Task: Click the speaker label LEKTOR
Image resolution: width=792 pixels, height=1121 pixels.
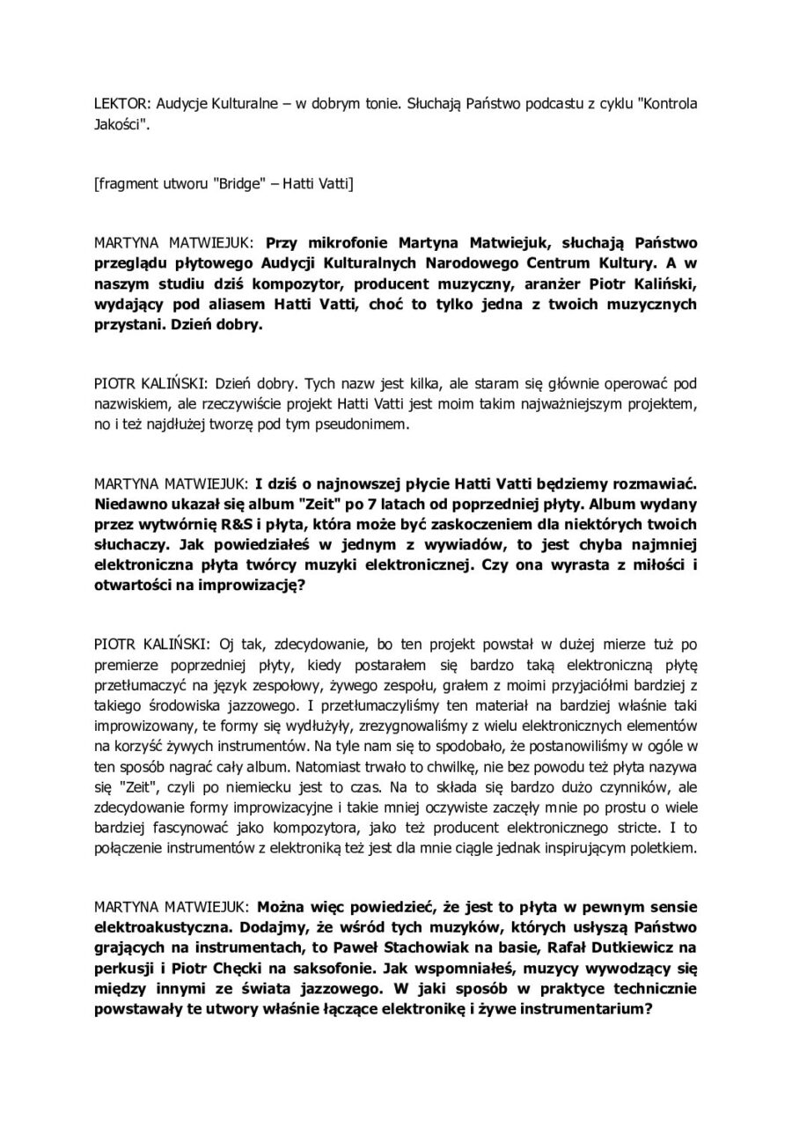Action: coord(118,103)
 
